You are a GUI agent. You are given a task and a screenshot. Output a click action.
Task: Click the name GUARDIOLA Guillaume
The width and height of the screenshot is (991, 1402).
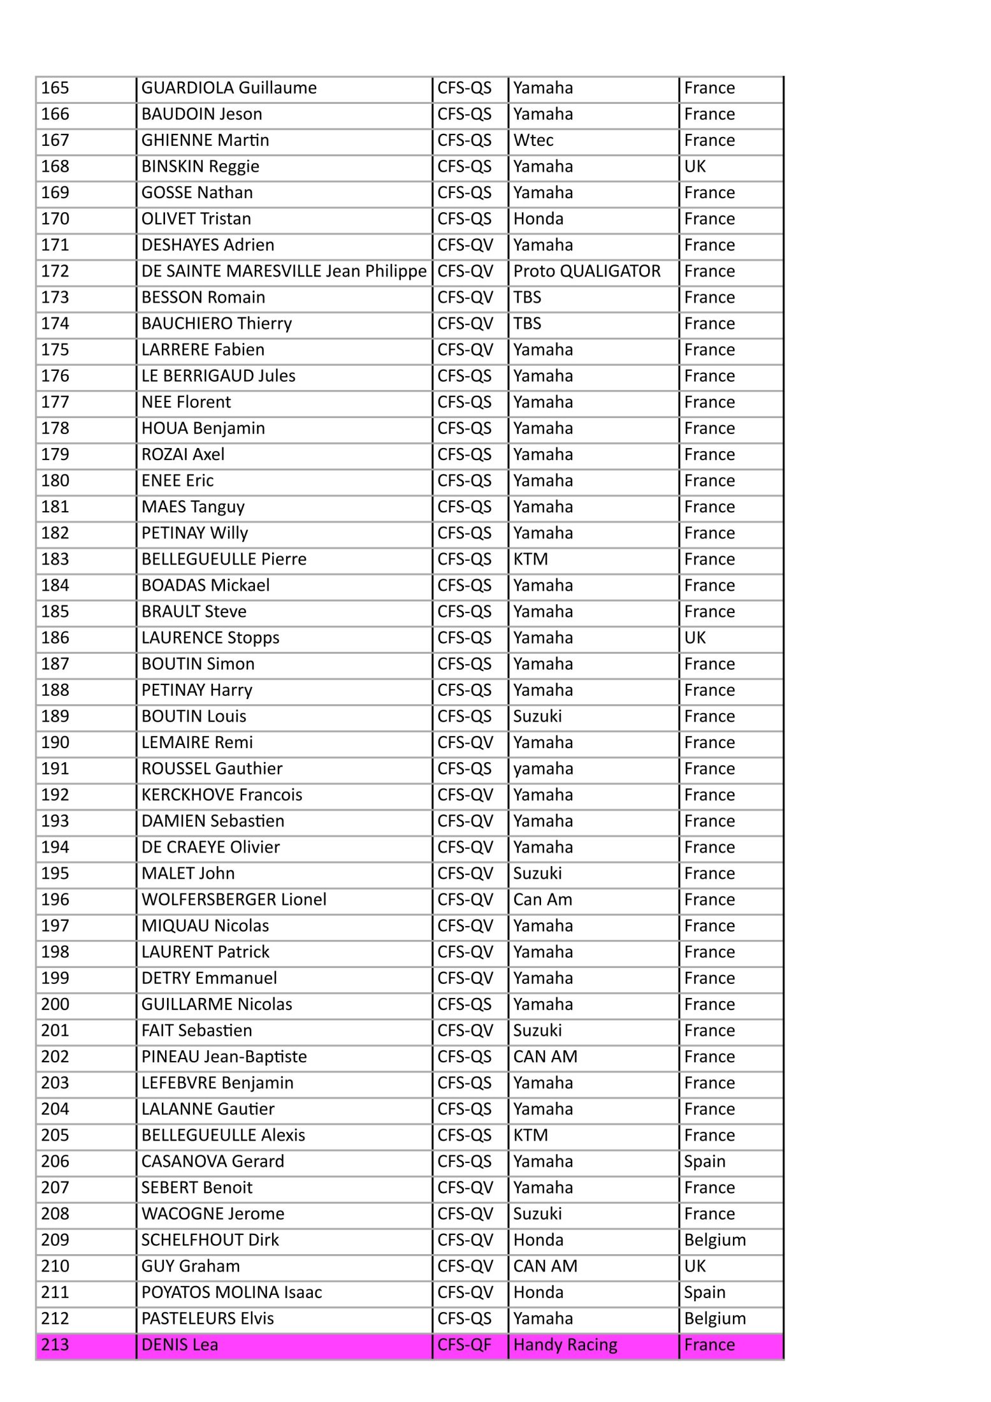(x=229, y=88)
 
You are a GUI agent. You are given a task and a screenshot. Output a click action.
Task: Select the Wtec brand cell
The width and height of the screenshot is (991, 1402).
(x=533, y=140)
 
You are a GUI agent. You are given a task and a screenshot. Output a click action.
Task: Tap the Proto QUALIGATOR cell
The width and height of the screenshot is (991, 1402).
(x=586, y=271)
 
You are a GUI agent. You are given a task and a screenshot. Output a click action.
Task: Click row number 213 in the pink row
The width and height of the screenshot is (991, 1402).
(x=55, y=1345)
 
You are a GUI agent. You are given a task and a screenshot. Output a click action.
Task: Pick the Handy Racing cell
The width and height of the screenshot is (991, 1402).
(x=565, y=1345)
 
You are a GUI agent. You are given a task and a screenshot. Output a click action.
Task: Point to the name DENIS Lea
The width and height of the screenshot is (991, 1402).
(x=180, y=1345)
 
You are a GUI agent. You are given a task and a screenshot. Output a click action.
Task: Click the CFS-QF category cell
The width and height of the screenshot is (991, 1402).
(x=465, y=1345)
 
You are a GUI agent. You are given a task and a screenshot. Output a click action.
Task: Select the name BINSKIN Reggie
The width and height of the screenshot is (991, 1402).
(x=200, y=166)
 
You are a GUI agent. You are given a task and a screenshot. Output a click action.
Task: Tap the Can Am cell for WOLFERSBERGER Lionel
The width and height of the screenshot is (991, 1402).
(x=543, y=900)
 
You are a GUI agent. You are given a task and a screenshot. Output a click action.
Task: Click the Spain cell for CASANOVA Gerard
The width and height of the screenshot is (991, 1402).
(x=705, y=1162)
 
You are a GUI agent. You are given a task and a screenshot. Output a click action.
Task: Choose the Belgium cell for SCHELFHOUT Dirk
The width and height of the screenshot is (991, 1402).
(x=715, y=1240)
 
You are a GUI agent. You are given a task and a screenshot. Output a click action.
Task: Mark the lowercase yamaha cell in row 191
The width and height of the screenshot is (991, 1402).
(x=543, y=769)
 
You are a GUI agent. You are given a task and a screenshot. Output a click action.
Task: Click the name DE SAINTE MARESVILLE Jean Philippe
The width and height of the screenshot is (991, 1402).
(x=284, y=271)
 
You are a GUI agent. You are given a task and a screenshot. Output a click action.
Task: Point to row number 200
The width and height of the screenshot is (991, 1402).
(x=55, y=1004)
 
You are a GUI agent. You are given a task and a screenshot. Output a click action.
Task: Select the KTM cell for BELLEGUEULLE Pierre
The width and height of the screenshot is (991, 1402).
(x=531, y=560)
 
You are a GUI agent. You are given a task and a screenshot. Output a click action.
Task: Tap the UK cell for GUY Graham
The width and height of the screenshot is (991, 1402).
(x=695, y=1266)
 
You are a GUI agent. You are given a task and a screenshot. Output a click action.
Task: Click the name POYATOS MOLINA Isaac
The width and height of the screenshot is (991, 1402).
(x=231, y=1292)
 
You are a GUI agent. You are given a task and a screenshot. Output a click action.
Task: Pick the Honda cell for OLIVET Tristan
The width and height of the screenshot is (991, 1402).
(x=539, y=219)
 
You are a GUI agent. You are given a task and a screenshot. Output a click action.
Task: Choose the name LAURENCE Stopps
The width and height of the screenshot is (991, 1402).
(x=210, y=638)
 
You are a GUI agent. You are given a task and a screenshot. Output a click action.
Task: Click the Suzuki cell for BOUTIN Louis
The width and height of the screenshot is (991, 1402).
(x=538, y=716)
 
